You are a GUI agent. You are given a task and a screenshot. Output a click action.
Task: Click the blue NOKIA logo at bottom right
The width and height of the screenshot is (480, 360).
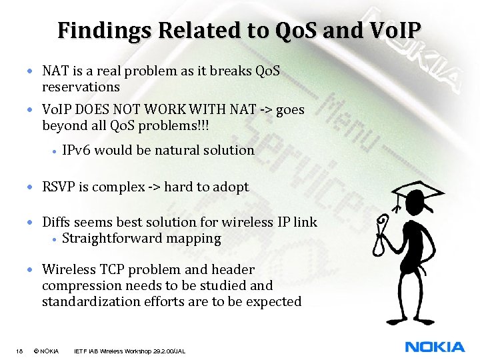click(x=435, y=347)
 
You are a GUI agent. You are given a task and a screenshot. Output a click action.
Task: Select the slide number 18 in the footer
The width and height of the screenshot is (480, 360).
click(x=19, y=351)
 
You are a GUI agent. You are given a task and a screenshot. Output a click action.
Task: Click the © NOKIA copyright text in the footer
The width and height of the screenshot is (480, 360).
click(x=46, y=351)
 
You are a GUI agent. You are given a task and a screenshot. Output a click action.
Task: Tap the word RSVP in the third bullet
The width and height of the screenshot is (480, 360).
click(x=59, y=187)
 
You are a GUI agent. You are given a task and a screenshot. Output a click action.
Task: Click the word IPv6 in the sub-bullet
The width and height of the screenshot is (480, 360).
click(x=76, y=150)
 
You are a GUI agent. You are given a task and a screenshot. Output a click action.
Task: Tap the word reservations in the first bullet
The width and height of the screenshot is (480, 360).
click(x=81, y=87)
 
